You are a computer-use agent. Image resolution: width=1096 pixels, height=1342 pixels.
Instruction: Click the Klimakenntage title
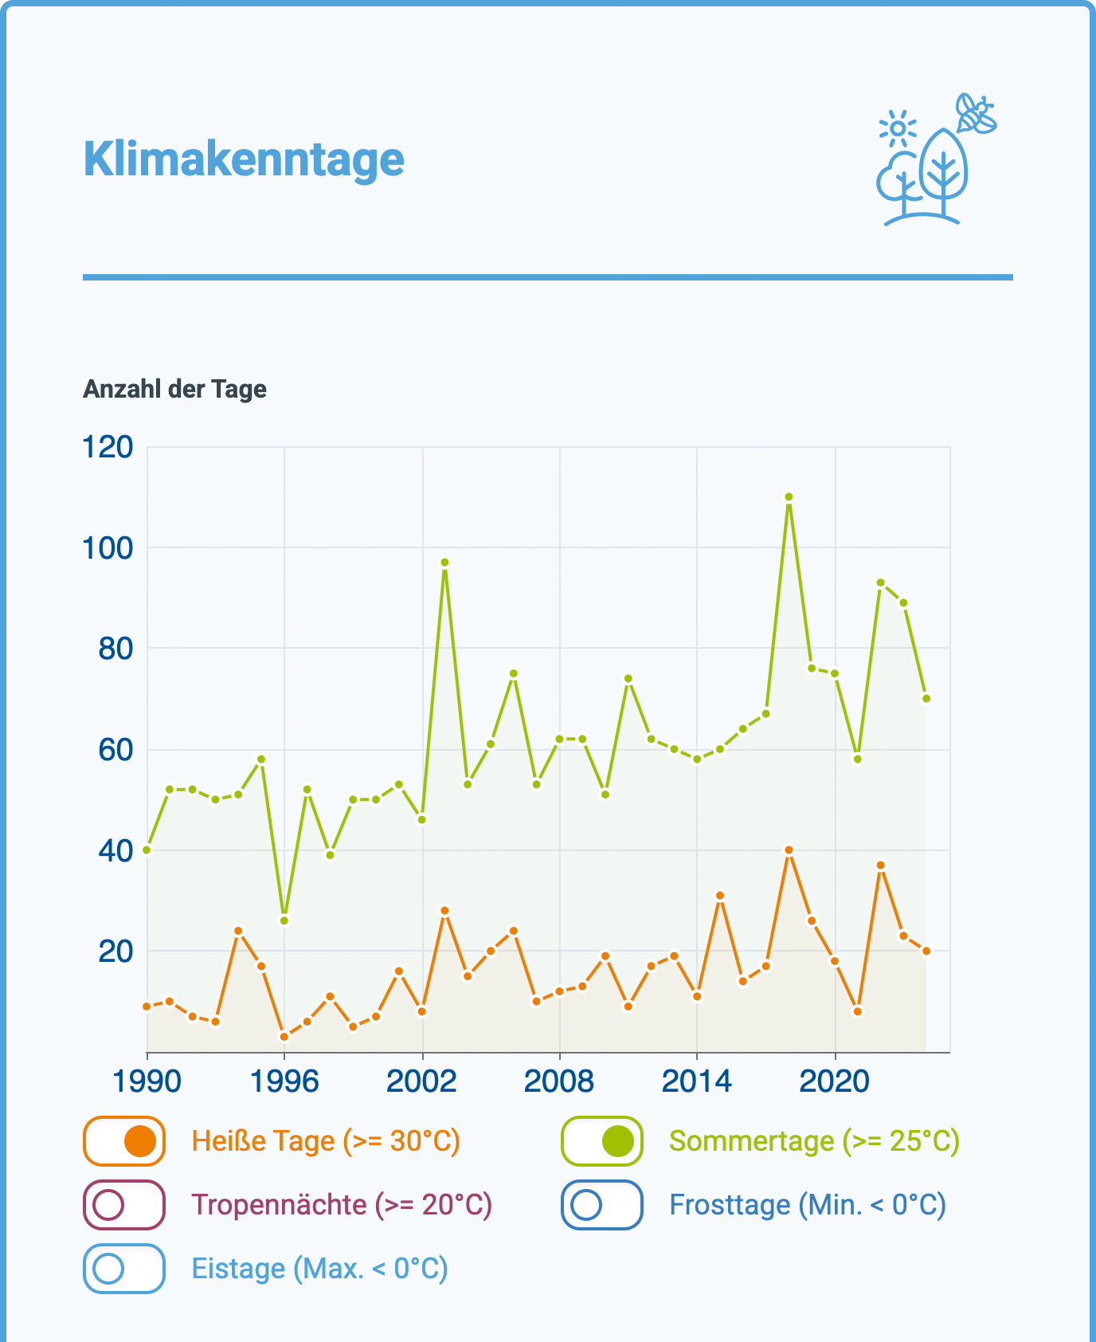244,159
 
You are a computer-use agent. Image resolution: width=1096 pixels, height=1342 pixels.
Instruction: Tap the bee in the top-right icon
976,114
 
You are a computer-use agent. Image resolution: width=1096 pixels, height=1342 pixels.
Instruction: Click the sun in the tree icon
898,128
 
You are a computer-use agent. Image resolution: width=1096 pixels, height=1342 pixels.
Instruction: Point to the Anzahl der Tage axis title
174,389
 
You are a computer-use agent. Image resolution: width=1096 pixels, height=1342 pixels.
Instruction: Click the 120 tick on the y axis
108,447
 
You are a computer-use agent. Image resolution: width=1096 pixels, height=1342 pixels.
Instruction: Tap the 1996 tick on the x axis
284,1081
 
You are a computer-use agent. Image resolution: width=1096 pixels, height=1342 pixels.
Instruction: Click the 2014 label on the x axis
697,1081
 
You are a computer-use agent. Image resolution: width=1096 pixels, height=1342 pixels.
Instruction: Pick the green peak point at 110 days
789,496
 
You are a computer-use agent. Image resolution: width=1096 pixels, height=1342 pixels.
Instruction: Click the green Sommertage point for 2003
444,563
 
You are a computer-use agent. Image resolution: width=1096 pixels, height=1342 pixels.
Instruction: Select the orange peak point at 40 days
789,850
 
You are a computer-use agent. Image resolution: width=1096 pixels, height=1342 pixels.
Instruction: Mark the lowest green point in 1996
284,920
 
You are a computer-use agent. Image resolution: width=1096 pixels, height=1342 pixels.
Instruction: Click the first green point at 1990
147,850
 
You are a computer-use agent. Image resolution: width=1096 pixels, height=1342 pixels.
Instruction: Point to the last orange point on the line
926,951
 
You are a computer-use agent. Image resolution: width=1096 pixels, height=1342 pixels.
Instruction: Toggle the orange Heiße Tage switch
124,1141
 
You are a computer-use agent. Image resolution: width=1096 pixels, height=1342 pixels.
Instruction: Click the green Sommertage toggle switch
602,1141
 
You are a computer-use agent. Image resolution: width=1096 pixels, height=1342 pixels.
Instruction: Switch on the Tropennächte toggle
124,1205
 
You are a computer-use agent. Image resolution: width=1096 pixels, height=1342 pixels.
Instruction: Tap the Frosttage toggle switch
602,1205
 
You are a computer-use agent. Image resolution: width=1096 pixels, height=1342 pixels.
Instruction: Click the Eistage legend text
319,1268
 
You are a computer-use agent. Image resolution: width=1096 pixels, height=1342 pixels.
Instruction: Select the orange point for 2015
720,896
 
